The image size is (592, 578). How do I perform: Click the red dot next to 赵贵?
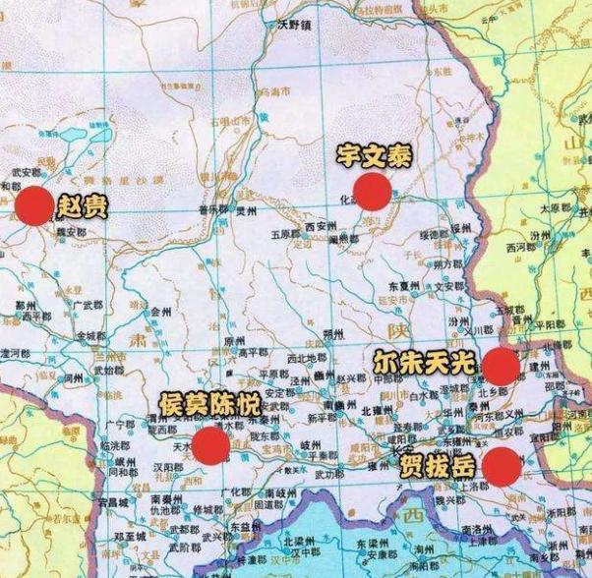(x=33, y=206)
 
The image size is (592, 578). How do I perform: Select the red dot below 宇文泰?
(x=372, y=191)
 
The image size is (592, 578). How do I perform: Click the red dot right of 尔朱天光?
(x=501, y=367)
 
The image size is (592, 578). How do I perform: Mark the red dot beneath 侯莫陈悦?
(x=210, y=445)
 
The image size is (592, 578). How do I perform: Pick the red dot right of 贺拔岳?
(x=502, y=466)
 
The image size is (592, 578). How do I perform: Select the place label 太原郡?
(x=556, y=208)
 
